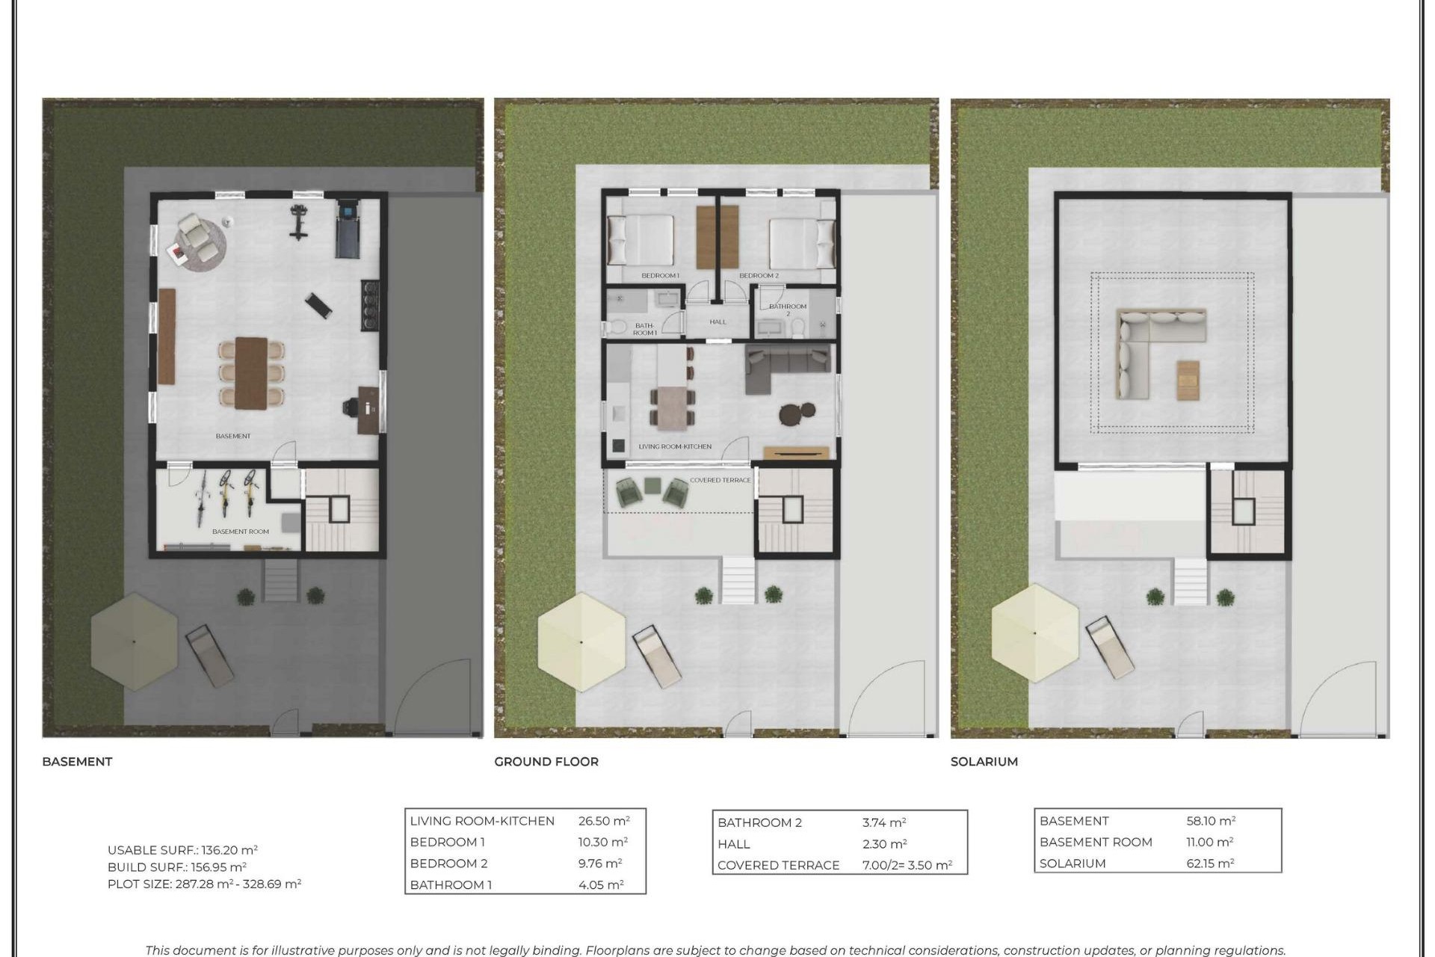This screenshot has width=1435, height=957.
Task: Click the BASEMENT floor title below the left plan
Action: click(x=77, y=761)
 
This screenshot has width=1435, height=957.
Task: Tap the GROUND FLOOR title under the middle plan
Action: click(x=546, y=761)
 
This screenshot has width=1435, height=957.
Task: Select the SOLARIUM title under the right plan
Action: click(x=984, y=761)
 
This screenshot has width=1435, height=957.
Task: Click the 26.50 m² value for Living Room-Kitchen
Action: click(x=603, y=821)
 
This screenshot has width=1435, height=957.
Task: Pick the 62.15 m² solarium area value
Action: click(x=1210, y=863)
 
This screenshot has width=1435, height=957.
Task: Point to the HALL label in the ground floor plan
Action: click(x=717, y=322)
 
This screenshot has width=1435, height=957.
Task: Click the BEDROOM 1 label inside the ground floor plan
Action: click(x=660, y=276)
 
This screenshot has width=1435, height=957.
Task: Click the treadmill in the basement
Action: click(x=348, y=228)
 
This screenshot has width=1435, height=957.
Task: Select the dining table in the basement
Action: click(x=251, y=372)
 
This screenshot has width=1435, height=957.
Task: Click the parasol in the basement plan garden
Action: click(x=134, y=641)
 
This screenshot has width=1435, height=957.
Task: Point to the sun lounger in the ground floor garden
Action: click(x=657, y=656)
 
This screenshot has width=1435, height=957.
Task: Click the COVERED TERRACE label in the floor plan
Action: click(x=720, y=480)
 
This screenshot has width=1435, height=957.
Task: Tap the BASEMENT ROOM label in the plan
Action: click(x=240, y=532)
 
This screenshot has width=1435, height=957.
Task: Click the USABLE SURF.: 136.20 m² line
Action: click(x=182, y=850)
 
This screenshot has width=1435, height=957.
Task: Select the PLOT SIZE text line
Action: click(x=204, y=884)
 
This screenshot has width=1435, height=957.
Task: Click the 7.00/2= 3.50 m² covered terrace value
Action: click(x=907, y=865)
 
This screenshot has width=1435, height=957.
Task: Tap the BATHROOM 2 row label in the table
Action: click(x=759, y=822)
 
